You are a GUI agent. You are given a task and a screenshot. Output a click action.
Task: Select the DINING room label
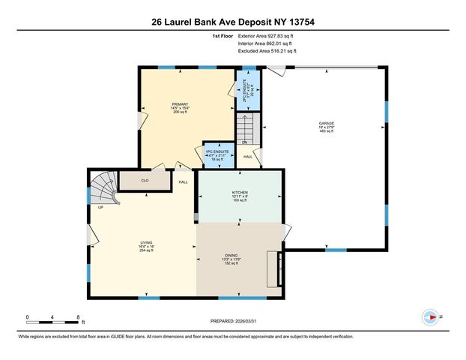click(232, 256)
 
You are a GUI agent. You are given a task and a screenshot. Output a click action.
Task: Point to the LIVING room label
click(146, 242)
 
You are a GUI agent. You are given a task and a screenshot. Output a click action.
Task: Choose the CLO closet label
click(145, 181)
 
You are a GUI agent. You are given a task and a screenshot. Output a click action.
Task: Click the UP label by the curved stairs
click(100, 208)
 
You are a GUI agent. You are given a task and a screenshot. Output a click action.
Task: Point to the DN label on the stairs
click(244, 142)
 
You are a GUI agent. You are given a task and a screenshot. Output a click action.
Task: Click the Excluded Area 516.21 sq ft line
click(267, 52)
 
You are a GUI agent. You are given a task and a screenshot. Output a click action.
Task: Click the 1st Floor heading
click(223, 35)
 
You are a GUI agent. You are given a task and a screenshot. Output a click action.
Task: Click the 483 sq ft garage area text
click(327, 131)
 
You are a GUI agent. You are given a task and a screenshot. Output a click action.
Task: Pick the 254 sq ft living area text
click(146, 251)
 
